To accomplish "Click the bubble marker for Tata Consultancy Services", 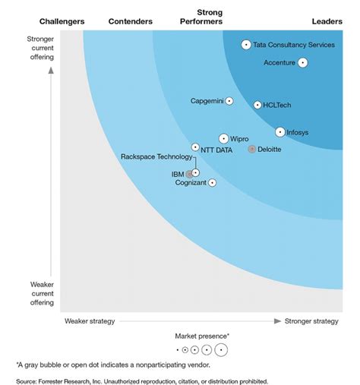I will tap(246, 45).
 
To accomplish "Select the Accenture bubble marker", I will tap(302, 63).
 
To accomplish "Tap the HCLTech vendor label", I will tap(277, 105).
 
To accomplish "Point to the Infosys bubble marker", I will tap(280, 132).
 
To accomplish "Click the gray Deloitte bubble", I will tap(252, 149).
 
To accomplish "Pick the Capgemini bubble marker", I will tap(229, 101).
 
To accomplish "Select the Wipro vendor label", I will tap(239, 139).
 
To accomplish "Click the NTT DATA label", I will tap(216, 150).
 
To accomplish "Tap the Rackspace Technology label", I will tap(156, 156).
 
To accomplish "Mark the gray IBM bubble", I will tap(190, 174).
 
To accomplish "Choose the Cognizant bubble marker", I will tap(212, 182).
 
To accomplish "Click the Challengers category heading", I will tap(62, 21).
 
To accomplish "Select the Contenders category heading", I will tap(131, 21).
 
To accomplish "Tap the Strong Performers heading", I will tap(209, 17).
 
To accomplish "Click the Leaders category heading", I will tap(327, 21).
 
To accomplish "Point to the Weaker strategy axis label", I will tap(90, 321).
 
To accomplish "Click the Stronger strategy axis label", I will tap(311, 321).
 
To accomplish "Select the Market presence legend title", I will tap(202, 335).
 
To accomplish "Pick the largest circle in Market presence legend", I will tap(221, 350).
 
